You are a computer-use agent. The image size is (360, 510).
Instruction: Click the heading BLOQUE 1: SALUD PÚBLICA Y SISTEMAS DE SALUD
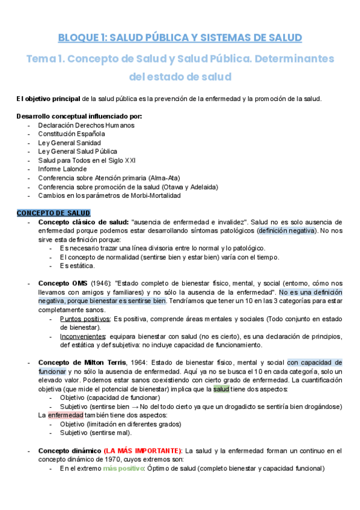pos(180,38)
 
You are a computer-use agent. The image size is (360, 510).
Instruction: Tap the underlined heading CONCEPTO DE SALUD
pos(53,213)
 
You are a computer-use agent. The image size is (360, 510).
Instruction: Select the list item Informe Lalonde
pos(62,169)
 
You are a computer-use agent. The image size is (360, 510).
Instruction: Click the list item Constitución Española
pos(72,134)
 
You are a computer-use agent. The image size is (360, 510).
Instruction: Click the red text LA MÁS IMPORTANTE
pos(143,450)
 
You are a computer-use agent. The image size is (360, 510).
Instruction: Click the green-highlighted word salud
pos(221,389)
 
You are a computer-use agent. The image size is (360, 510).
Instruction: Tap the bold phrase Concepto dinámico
pos(69,450)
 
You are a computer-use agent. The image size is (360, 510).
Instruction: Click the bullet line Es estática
pos(77,265)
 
